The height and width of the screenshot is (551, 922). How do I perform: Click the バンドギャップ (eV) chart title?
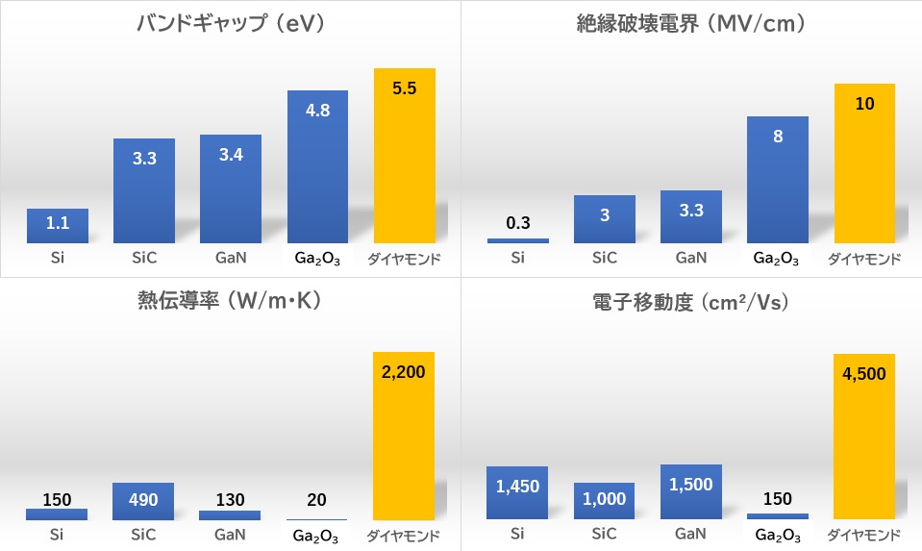[231, 25]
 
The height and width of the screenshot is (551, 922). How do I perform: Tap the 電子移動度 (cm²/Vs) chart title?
[688, 302]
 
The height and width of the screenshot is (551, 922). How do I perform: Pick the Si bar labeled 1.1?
[58, 226]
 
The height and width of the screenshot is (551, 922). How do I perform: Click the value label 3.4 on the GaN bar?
[231, 154]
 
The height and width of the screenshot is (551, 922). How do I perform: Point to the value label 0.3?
[518, 223]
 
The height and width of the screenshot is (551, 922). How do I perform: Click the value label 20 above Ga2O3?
[317, 500]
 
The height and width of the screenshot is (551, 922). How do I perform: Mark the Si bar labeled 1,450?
[518, 493]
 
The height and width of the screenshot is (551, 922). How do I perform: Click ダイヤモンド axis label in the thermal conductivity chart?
[405, 536]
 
